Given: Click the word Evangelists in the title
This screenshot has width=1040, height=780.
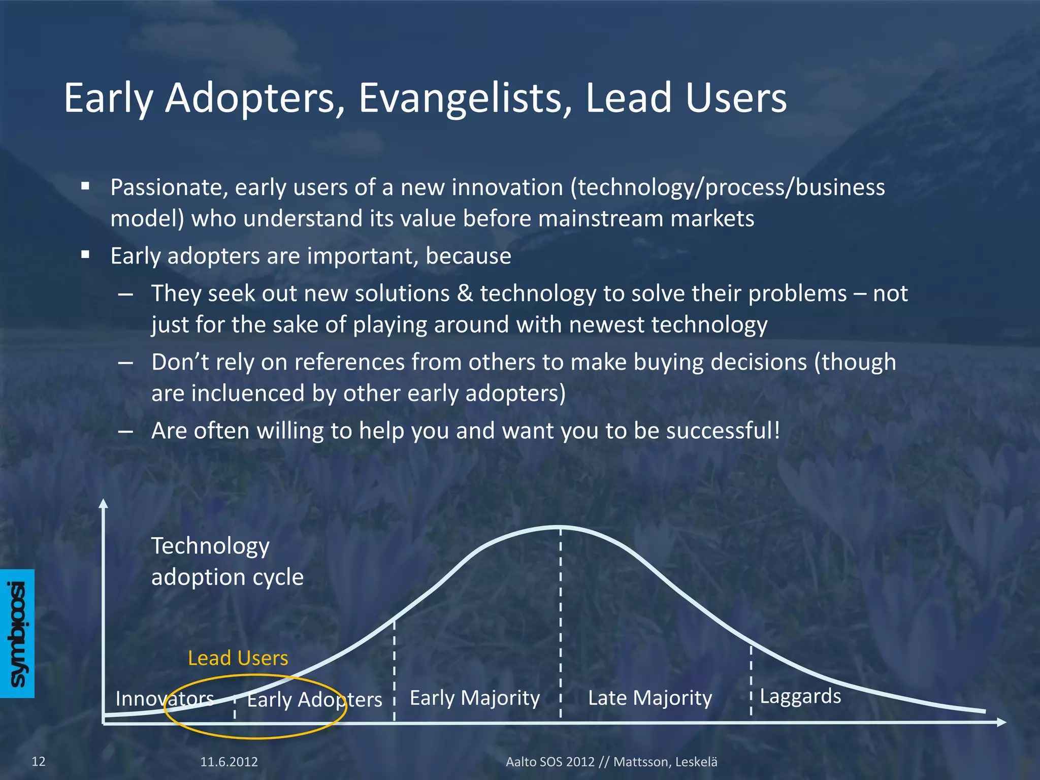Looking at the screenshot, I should tap(466, 98).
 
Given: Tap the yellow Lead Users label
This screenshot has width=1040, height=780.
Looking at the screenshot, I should tap(238, 658).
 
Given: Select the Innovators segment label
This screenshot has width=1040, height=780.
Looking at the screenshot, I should tap(164, 699).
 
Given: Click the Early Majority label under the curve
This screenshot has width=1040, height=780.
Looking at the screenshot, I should tap(474, 698).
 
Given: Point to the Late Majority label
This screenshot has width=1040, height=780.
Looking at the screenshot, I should tap(649, 698).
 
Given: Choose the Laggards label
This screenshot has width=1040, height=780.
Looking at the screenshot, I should tap(800, 696).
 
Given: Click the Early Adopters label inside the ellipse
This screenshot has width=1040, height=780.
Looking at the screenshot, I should tap(314, 700).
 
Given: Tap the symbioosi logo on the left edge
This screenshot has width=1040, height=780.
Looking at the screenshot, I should tap(17, 633).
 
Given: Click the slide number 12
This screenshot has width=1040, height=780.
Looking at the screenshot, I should tap(39, 761).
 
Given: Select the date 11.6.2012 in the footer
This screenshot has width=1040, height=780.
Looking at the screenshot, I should tap(229, 762).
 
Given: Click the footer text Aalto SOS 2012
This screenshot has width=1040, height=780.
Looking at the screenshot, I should tap(549, 762).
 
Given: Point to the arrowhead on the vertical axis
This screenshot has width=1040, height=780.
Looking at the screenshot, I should tap(104, 503).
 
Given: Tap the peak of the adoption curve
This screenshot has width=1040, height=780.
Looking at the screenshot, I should tap(560, 528).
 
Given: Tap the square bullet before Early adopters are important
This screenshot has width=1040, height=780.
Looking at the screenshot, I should tap(85, 254).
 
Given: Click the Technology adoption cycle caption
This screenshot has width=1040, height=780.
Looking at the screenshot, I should tap(226, 561).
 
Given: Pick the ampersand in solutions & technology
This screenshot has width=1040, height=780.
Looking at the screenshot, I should tap(465, 294).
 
